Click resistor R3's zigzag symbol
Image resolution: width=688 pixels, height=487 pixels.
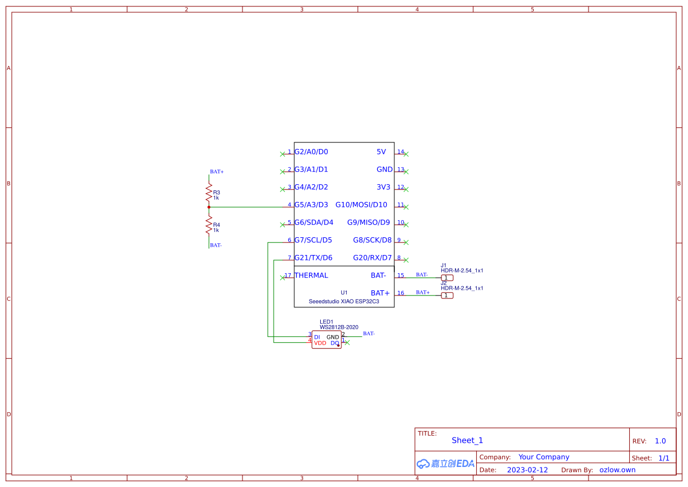[x=208, y=191]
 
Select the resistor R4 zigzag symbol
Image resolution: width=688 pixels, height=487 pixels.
[x=208, y=224]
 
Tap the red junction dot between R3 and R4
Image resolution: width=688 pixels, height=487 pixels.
[x=209, y=207]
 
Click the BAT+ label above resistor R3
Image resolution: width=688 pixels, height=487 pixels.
[x=217, y=172]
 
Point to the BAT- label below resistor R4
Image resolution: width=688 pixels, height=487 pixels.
[x=216, y=245]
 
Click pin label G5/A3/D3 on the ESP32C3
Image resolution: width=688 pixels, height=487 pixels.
[x=311, y=205]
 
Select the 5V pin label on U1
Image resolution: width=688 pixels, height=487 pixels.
[x=381, y=152]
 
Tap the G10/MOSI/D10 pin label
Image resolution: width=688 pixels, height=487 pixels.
[x=361, y=205]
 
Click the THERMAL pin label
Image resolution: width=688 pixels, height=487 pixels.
[x=311, y=276]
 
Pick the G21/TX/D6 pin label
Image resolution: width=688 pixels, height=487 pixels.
[x=313, y=258]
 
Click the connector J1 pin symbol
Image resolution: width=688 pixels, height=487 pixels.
[x=447, y=278]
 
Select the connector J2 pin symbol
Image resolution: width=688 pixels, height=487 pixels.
[x=447, y=296]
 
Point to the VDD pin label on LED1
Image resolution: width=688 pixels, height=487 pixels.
[x=320, y=343]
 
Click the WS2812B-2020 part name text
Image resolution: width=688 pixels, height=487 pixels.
[x=339, y=327]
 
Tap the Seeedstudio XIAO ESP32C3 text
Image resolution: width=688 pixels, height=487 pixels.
[x=344, y=302]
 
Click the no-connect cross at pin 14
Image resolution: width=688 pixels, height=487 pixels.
[x=406, y=154]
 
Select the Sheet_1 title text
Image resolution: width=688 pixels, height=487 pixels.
[x=467, y=440]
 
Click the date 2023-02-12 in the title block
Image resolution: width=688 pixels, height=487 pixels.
[x=527, y=470]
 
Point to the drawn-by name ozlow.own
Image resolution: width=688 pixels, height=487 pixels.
[x=617, y=470]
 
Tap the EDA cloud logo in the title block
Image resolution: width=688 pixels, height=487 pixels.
[x=445, y=463]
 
